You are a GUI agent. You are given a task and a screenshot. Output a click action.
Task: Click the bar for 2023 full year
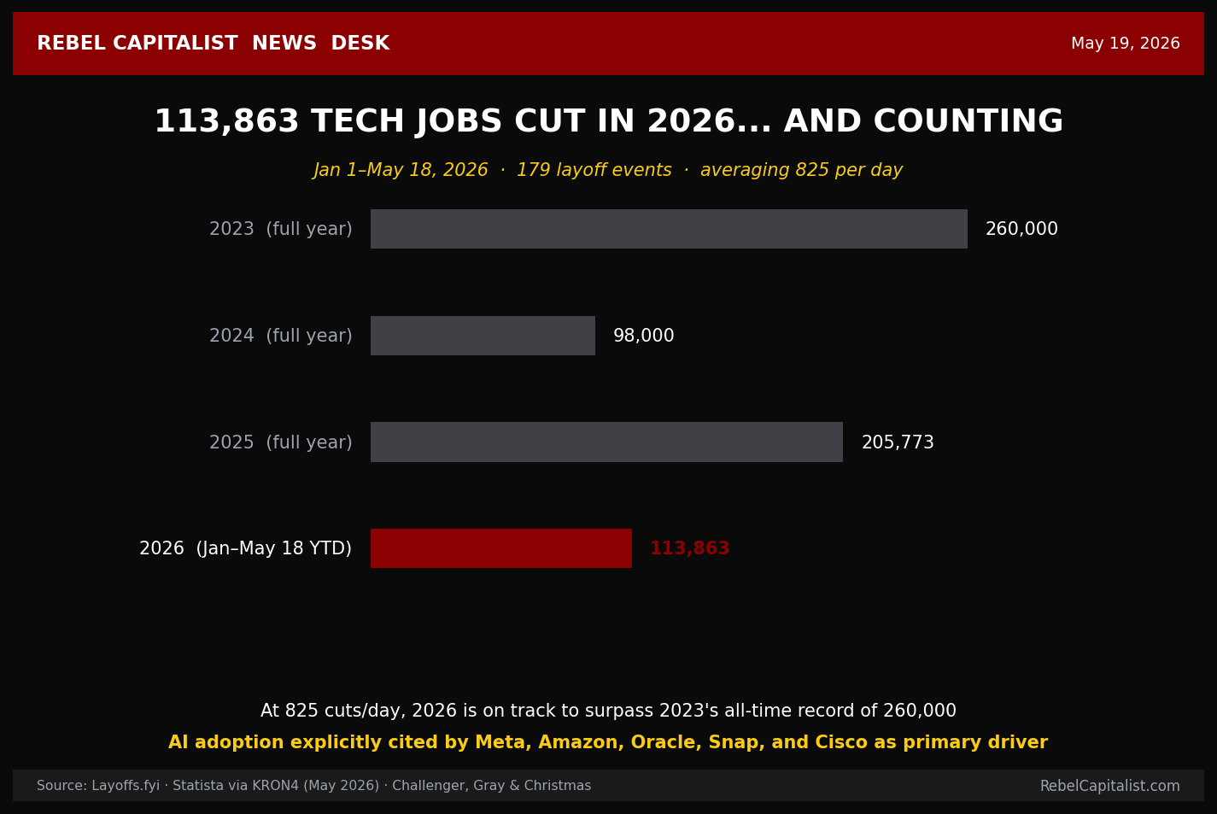[669, 229]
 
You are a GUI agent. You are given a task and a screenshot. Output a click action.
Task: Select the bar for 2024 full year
[483, 336]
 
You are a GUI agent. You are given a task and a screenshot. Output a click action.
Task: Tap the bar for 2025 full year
[606, 442]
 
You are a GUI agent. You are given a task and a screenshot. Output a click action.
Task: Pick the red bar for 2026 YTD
[501, 548]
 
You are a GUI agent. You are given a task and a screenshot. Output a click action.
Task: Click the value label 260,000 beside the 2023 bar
[1021, 229]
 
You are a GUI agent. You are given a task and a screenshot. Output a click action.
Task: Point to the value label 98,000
[643, 336]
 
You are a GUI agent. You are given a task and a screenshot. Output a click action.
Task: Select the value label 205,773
[898, 442]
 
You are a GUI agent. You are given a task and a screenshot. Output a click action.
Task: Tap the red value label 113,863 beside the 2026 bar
[689, 548]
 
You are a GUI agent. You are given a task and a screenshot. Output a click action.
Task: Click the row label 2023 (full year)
[281, 229]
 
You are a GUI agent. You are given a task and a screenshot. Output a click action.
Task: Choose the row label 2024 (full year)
[281, 336]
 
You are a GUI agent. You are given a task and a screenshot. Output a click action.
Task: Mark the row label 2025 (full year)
[281, 442]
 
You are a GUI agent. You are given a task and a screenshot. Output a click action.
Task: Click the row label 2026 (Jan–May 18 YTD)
[246, 548]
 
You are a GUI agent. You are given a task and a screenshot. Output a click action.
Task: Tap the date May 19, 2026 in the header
[1125, 44]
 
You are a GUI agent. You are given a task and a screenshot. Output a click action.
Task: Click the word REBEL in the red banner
[71, 44]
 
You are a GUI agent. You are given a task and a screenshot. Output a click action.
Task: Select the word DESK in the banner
[360, 44]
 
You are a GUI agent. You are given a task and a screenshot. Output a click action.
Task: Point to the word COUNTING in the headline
[968, 120]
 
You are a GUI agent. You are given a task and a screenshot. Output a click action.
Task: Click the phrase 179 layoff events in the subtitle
[594, 170]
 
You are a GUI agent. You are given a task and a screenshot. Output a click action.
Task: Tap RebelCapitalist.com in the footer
[1110, 786]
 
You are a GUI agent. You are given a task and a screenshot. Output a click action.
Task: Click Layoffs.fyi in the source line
[126, 786]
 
